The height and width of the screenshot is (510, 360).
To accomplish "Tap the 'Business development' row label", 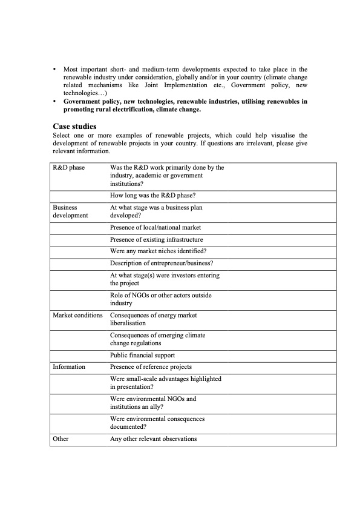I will point(70,211).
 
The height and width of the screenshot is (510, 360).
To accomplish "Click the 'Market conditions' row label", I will point(77,315).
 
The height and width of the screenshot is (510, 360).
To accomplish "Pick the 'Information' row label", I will point(69,366).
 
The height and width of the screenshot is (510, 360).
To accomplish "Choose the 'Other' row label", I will point(61,439).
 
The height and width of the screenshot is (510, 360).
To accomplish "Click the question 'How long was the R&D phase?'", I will point(152,195).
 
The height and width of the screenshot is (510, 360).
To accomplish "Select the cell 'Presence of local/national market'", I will point(155,227).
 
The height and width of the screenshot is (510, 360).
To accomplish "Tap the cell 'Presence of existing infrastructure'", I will point(156,239).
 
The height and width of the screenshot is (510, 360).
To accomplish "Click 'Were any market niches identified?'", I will point(158,251).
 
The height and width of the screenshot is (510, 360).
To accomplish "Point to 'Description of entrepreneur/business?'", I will point(162,263).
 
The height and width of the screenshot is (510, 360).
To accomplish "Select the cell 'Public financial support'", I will point(143,355).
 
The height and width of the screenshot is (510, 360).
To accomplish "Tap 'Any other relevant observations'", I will point(153,439).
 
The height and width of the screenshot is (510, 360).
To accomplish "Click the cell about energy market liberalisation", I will point(154,319).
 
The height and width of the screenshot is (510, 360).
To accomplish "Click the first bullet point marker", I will point(54,70).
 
